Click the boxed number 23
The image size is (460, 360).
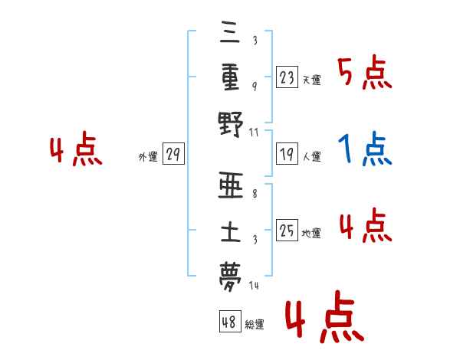[287, 77]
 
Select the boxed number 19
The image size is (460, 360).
[287, 155]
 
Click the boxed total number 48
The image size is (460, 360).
[230, 322]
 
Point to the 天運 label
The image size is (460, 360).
[311, 79]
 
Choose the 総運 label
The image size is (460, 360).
[255, 325]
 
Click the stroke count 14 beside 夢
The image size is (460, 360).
[255, 285]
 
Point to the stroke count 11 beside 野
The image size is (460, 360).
[255, 133]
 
